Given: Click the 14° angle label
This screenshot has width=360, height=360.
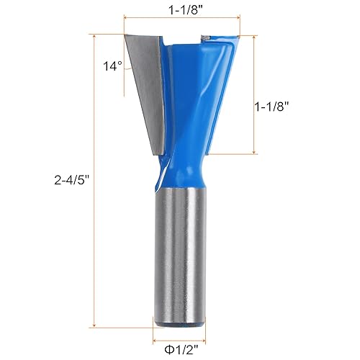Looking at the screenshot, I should click(112, 66).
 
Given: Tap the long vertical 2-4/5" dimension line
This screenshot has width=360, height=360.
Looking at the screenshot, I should click(94, 216).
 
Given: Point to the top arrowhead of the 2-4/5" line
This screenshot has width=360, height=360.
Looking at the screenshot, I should click(94, 36).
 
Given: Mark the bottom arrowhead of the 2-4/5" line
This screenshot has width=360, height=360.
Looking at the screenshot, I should click(94, 325).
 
